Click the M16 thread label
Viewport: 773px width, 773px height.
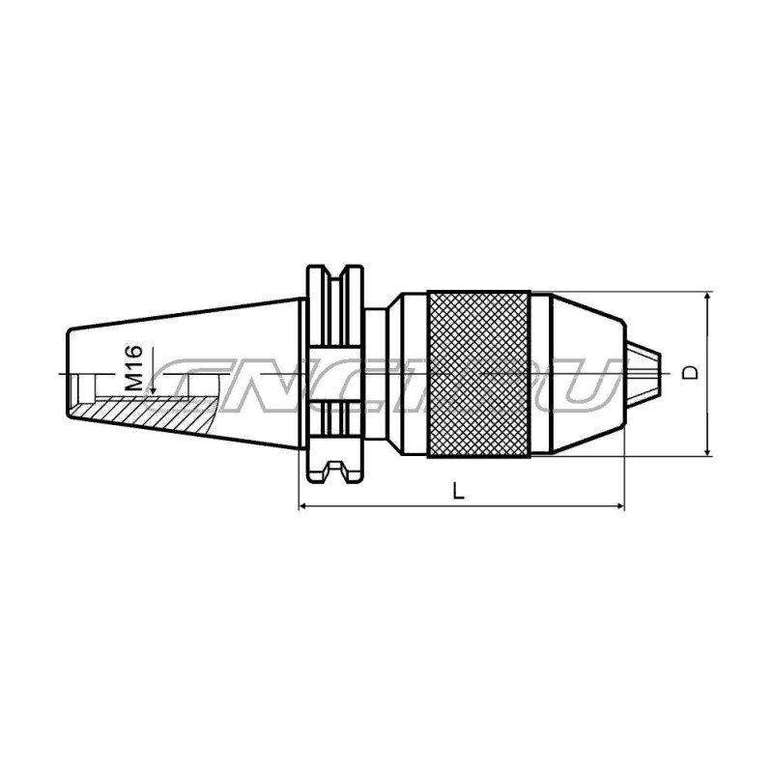tap(133, 367)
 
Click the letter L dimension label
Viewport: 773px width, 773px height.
tap(459, 491)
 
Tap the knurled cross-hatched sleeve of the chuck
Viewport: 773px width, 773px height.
tap(478, 375)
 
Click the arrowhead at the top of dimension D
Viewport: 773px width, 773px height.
tap(708, 298)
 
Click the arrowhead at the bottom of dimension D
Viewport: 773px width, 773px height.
tap(708, 450)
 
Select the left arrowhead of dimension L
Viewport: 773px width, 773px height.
tap(304, 505)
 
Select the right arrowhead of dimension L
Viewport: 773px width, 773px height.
tap(618, 505)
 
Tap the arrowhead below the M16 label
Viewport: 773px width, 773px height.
tap(153, 389)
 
